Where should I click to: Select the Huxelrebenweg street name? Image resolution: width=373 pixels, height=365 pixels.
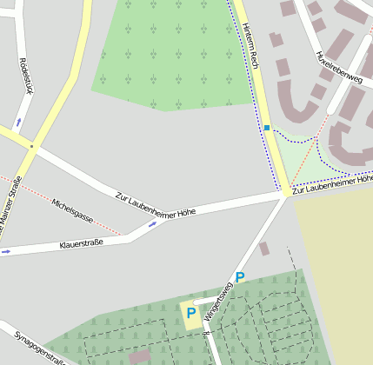coord(339,67)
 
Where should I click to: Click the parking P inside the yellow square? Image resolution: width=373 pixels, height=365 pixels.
coord(190,313)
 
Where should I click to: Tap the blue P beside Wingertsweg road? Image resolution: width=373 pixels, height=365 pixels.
coord(240,277)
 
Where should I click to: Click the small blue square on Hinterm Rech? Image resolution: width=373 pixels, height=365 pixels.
coord(267,128)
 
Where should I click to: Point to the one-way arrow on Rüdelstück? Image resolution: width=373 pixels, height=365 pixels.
coord(18,123)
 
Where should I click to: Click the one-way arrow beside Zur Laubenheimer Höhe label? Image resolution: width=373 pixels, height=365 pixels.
coord(153,224)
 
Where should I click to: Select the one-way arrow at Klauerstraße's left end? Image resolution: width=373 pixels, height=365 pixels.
coord(6,252)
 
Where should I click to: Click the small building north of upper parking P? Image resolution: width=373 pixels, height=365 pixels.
coord(263,249)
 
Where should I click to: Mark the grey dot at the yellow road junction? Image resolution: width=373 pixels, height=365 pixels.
coord(31,146)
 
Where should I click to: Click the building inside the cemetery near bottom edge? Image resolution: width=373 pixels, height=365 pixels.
coord(139,356)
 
